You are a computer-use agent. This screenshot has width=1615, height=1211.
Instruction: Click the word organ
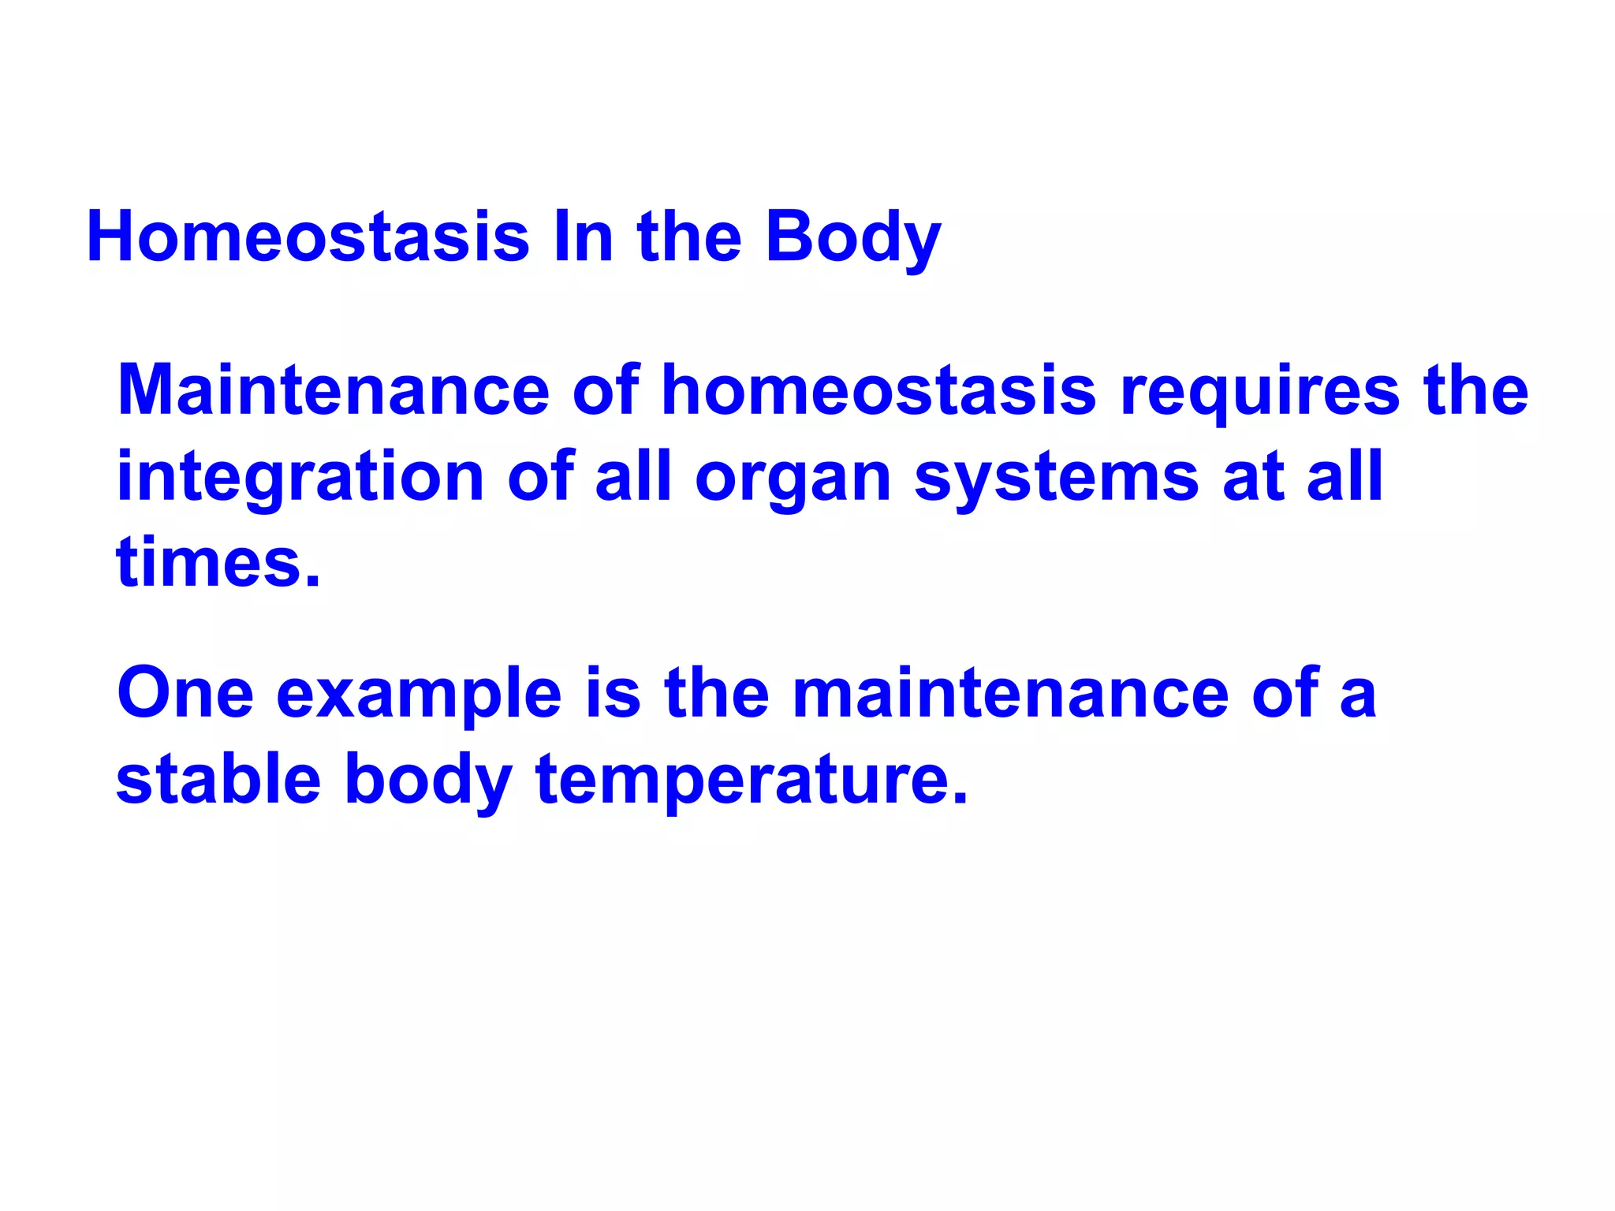[793, 478]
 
